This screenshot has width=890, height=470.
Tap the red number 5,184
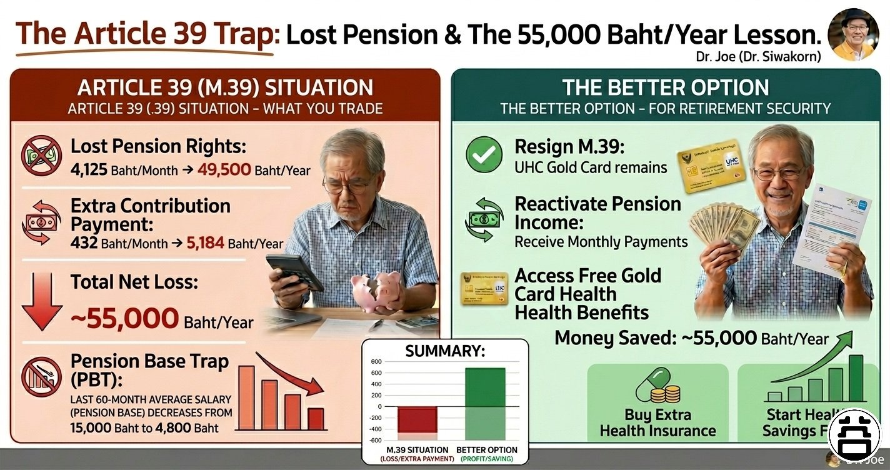tap(206, 243)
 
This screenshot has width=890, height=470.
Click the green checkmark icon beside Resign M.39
tap(484, 156)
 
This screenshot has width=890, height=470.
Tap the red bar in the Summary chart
tap(418, 419)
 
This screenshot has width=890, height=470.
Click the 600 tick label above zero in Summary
tap(376, 373)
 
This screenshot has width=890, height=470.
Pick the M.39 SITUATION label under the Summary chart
tap(417, 449)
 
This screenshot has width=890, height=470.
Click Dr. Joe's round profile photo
tap(853, 35)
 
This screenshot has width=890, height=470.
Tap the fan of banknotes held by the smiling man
tap(724, 226)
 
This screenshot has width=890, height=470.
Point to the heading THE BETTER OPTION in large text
tap(666, 87)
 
